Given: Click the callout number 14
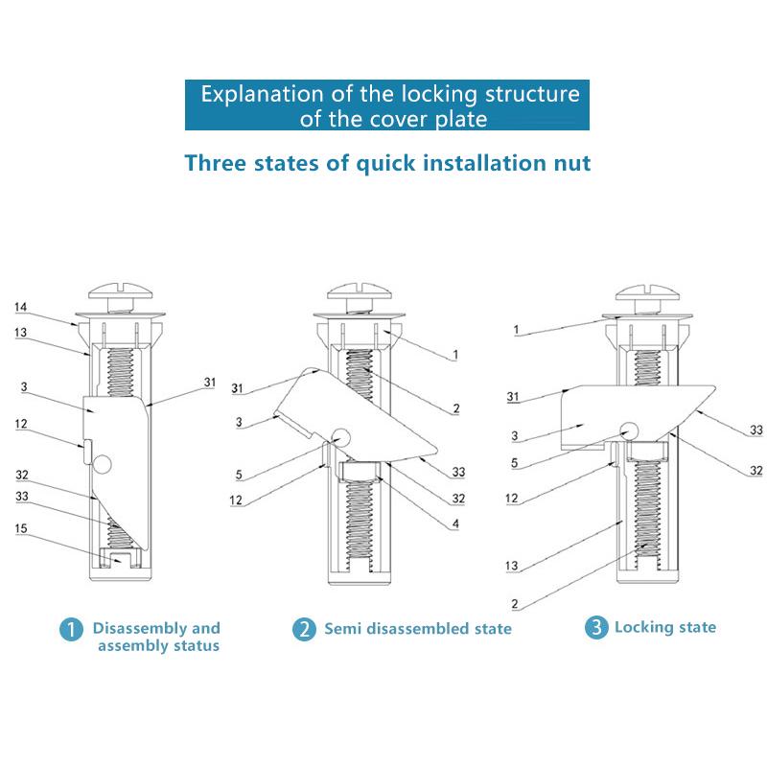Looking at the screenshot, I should click(x=20, y=307).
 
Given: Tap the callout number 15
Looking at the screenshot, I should click(x=20, y=527).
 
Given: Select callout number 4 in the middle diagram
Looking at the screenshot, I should click(x=455, y=523).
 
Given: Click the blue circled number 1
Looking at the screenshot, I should click(x=71, y=630).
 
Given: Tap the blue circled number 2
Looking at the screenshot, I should click(x=303, y=630).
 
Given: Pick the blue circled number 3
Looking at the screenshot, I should click(x=596, y=628).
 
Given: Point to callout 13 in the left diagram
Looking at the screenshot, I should click(x=20, y=332).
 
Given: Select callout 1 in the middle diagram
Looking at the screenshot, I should click(x=456, y=355).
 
